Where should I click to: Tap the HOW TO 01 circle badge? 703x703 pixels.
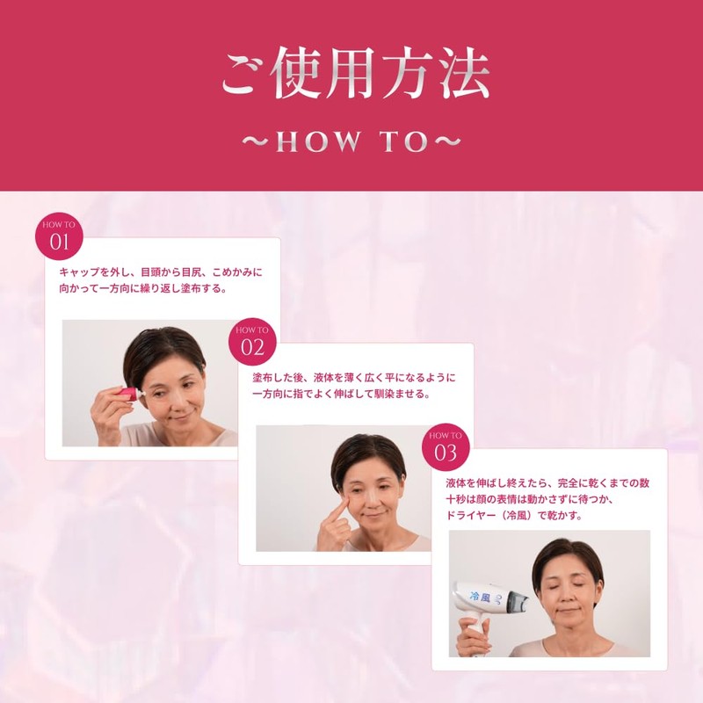[x=59, y=236]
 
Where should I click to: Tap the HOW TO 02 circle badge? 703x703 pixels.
[x=252, y=341]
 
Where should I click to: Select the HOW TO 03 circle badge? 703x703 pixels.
[x=446, y=446]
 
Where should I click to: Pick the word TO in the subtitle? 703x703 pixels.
[x=402, y=142]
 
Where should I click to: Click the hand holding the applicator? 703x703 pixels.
[x=107, y=413]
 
